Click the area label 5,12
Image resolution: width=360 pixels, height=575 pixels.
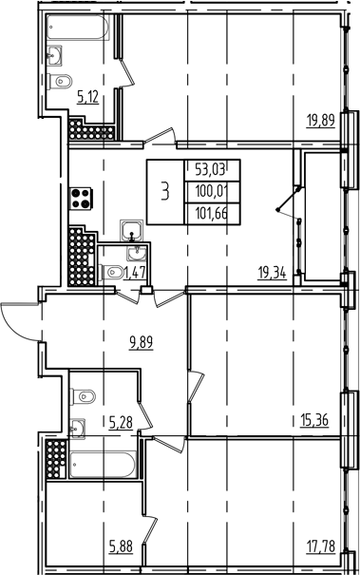[x=88, y=95]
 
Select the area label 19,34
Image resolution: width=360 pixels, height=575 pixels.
[x=275, y=271]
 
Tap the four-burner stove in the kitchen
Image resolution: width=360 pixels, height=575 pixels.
[x=55, y=201]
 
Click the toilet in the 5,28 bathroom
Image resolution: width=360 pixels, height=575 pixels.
[x=83, y=395]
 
